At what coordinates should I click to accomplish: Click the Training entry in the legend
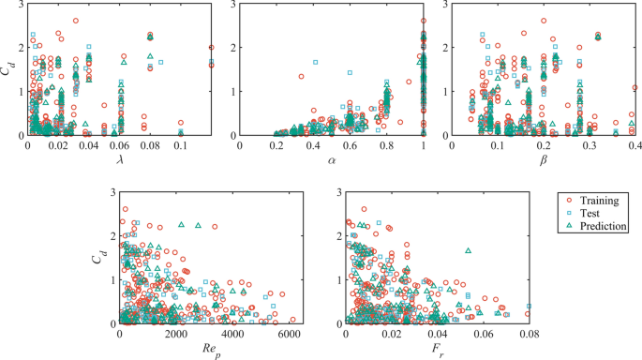click(596, 200)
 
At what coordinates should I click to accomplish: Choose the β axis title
click(543, 159)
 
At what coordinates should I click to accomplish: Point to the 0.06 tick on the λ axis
click(119, 144)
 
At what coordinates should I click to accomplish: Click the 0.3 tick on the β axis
click(590, 144)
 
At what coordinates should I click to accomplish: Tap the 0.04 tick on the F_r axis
click(438, 335)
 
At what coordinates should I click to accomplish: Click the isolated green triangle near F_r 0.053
click(468, 250)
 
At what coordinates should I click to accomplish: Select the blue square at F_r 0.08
click(529, 306)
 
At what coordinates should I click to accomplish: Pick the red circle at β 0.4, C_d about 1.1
click(635, 88)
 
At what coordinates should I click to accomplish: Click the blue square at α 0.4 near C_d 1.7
click(315, 62)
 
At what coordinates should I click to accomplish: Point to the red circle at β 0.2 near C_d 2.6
click(544, 21)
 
